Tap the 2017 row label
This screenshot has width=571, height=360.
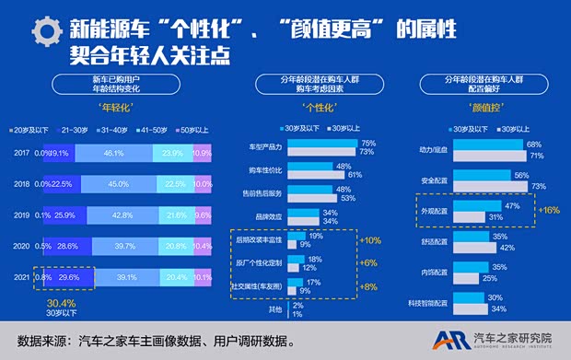(18, 153)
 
